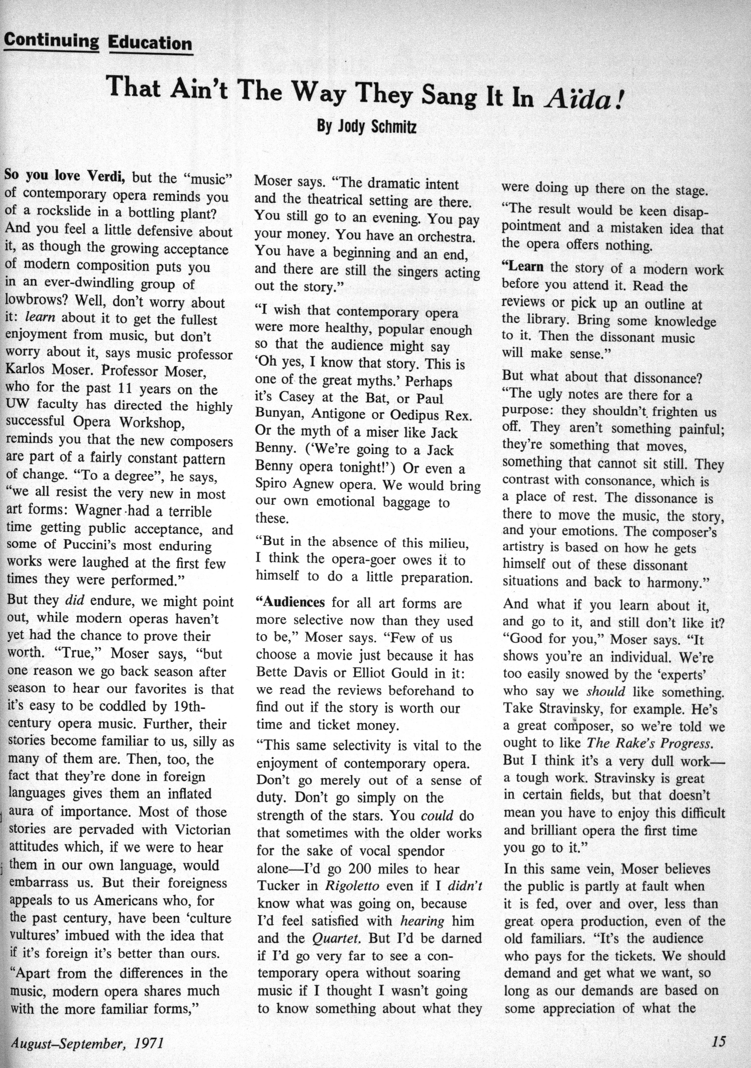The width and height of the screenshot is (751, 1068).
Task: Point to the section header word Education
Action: pyautogui.click(x=150, y=43)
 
